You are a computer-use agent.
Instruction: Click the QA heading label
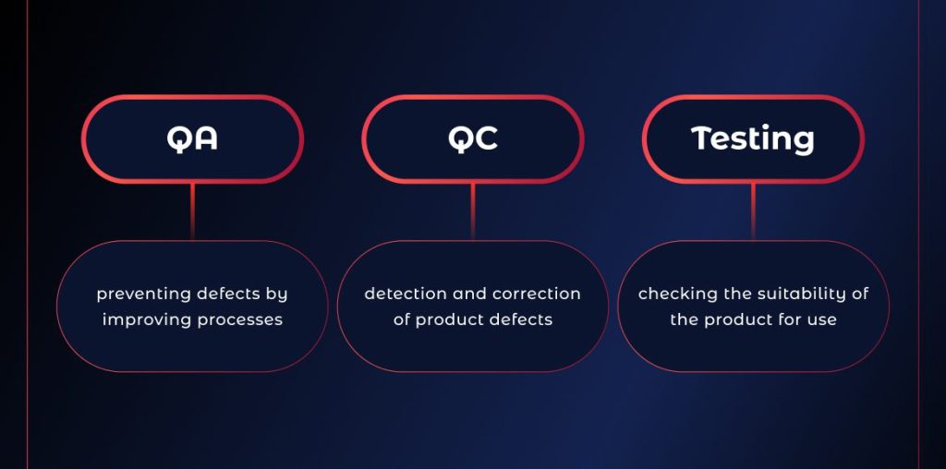[x=192, y=138]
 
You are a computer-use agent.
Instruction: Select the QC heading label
[x=473, y=138]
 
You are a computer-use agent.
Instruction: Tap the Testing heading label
[x=753, y=139]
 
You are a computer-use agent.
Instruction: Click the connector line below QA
[x=192, y=211]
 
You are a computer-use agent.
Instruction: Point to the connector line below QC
[x=473, y=211]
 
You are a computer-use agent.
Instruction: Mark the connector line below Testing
[x=753, y=211]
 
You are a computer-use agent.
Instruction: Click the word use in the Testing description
[x=823, y=320]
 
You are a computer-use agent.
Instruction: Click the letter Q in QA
[x=179, y=139]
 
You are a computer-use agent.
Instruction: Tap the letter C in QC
[x=487, y=138]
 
